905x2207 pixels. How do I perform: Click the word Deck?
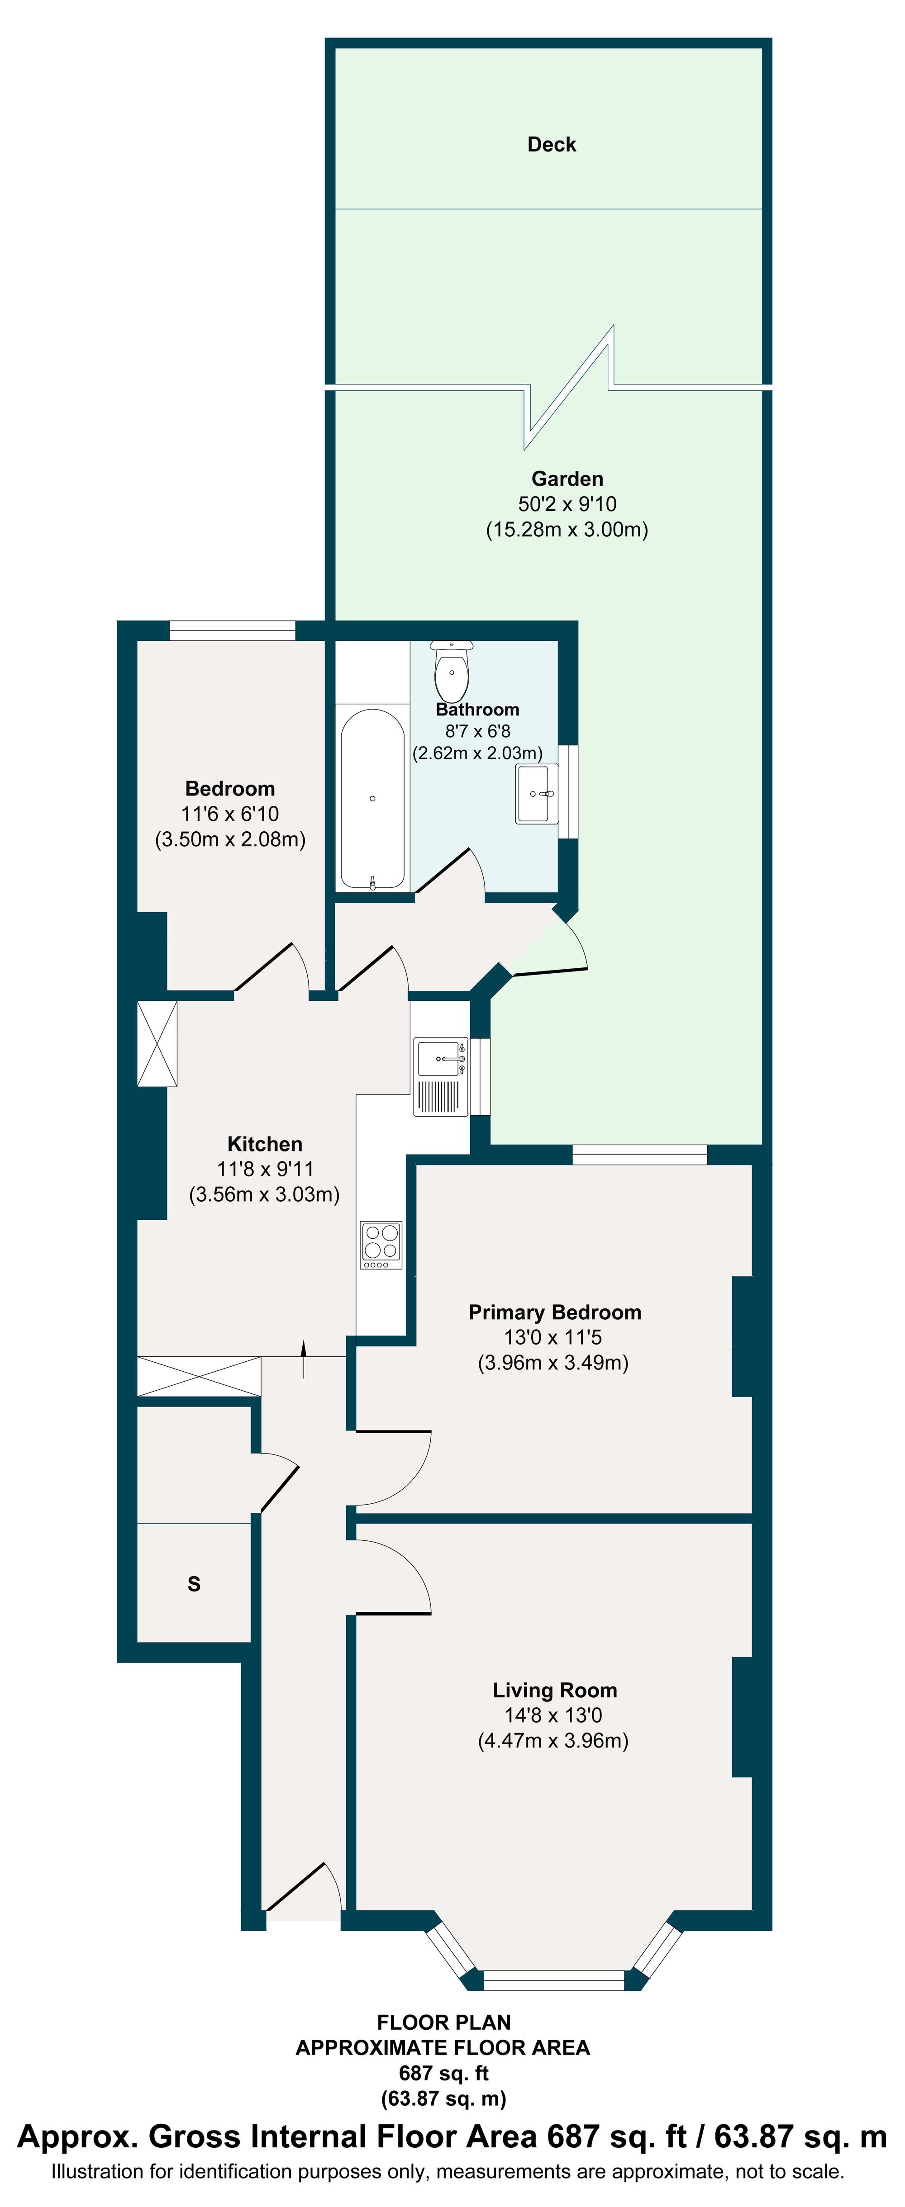[551, 144]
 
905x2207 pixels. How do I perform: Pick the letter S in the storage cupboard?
[194, 1584]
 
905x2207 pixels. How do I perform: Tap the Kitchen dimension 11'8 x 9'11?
[265, 1169]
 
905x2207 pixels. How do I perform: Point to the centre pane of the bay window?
[553, 1980]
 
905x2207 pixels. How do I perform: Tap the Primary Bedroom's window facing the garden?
[639, 1155]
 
